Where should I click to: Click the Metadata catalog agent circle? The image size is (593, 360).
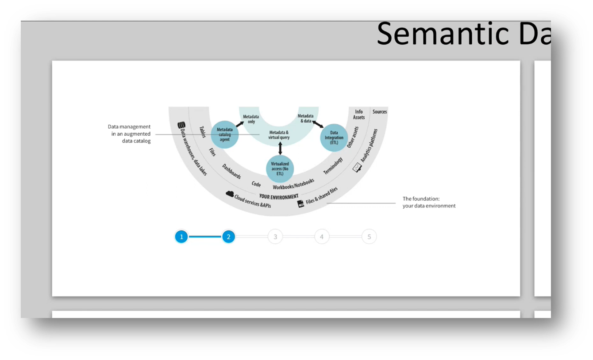pos(225,134)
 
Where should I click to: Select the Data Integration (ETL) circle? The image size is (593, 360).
pos(334,138)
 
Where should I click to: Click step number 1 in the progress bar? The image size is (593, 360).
pos(181,237)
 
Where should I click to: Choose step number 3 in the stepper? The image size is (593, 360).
pos(275,237)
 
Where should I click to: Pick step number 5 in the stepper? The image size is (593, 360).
pos(369,237)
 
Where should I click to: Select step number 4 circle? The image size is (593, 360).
pos(322,237)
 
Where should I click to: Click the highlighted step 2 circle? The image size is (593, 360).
pos(228,237)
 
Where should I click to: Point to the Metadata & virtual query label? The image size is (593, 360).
pos(279,135)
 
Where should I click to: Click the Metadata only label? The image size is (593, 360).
pos(251,119)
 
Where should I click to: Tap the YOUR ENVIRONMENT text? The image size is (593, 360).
pos(279,196)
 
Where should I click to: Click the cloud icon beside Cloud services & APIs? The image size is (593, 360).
pos(230,194)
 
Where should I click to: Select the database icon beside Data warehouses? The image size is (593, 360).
pos(181,126)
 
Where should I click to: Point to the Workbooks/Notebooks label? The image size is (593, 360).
pos(293,184)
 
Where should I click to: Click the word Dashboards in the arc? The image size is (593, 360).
pos(231,172)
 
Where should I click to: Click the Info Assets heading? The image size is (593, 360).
pos(359,114)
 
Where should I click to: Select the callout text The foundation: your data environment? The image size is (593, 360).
pos(429,203)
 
